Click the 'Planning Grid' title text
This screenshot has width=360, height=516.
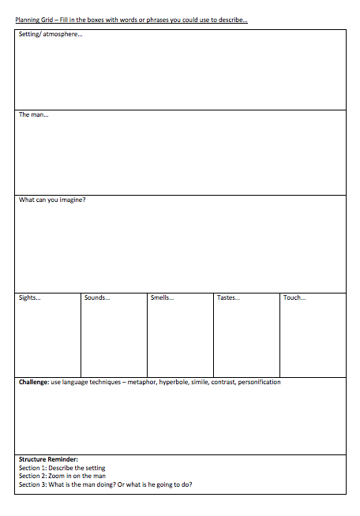[x=34, y=20]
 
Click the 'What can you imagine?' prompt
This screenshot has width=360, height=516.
[x=52, y=200]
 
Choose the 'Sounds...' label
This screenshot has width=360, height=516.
[x=96, y=297]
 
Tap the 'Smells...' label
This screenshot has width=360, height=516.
[x=162, y=297]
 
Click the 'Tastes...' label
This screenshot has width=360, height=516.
[x=228, y=297]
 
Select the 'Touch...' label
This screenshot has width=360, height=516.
[x=294, y=297]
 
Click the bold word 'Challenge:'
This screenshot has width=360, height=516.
[x=34, y=382]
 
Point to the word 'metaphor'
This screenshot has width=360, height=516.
[x=139, y=382]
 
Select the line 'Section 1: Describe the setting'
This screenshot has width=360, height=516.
[x=62, y=468]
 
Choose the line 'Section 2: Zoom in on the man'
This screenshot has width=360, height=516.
[x=62, y=476]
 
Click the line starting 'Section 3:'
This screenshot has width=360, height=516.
[x=104, y=484]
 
